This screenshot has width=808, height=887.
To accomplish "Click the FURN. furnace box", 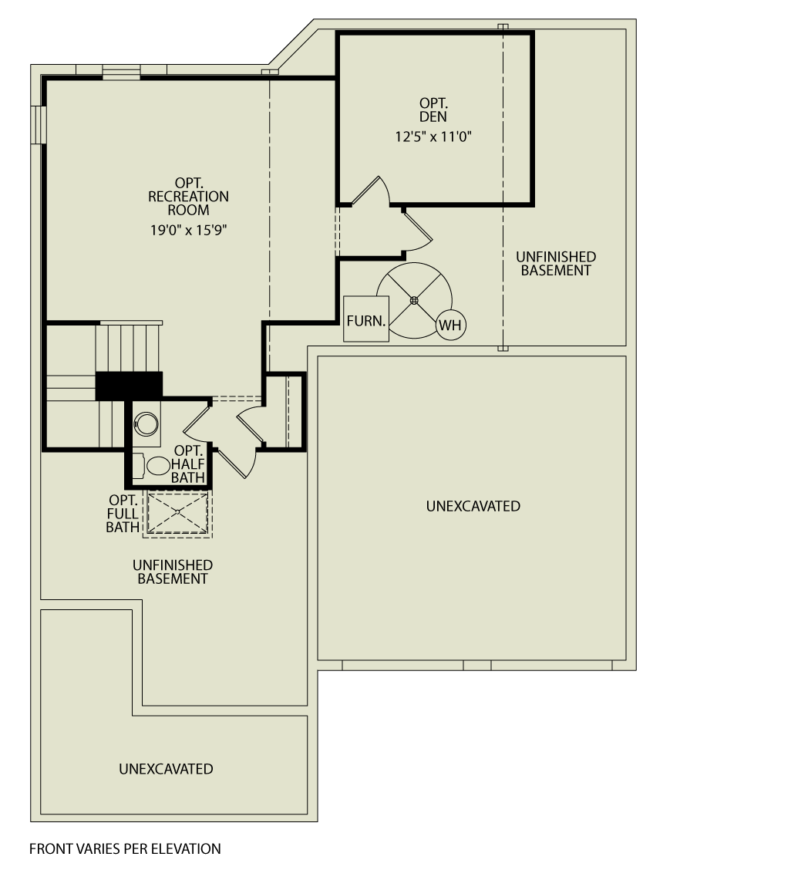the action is [365, 319].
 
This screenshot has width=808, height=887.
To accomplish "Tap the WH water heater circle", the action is [451, 325].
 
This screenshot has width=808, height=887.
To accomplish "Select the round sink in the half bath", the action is [146, 424].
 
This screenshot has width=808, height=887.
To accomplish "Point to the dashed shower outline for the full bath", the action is [177, 512].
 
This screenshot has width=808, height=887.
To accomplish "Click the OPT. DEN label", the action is [433, 110].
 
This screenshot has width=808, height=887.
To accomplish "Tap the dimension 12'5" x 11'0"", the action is [433, 137].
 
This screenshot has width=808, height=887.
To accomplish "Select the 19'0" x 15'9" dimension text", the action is [188, 231].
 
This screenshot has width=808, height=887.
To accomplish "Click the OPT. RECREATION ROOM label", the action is [188, 196].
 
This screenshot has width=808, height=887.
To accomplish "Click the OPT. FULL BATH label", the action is [123, 514].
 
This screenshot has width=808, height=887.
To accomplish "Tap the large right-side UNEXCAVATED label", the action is [473, 506].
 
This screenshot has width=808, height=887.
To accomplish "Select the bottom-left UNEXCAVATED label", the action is [166, 769].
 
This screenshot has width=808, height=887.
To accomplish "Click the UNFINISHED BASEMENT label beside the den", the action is [556, 264].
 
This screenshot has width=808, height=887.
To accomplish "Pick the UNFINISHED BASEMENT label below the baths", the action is [173, 572].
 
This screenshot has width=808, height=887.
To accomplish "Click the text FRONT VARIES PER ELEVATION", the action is [125, 848].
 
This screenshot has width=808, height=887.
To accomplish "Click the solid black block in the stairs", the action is [129, 386].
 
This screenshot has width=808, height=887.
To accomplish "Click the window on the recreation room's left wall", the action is [39, 124].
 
